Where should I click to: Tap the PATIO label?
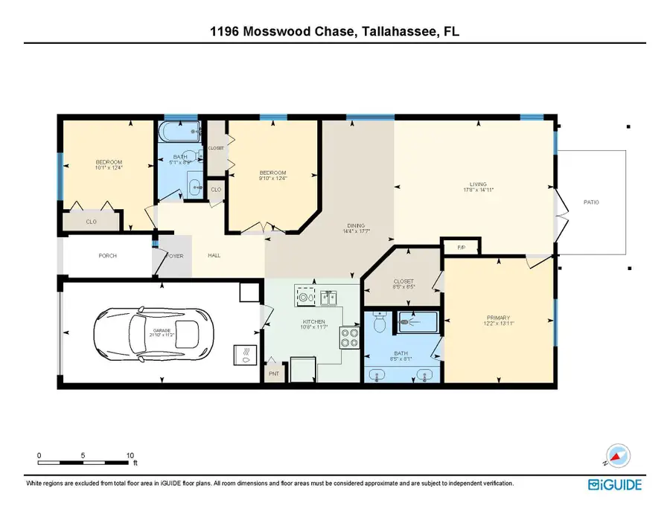(591, 202)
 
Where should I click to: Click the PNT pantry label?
(273, 373)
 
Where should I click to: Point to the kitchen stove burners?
(349, 339)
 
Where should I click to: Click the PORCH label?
(107, 256)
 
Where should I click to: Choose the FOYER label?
(173, 256)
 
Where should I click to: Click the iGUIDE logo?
(614, 485)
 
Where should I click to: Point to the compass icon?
(617, 454)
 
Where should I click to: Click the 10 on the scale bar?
(130, 455)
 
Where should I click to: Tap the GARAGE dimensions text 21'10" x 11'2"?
(162, 335)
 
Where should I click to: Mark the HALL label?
(214, 256)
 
